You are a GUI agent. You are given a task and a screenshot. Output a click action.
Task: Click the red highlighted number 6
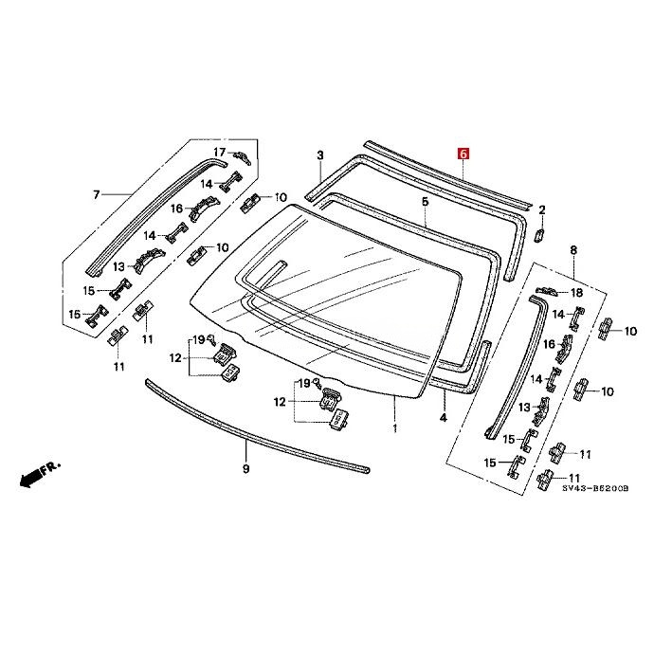463,153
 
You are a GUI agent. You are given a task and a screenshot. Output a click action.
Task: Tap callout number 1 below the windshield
395,428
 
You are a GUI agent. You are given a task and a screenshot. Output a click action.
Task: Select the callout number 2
320,155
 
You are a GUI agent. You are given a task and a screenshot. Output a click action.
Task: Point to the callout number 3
443,417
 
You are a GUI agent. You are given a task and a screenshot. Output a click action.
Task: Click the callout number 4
425,202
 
